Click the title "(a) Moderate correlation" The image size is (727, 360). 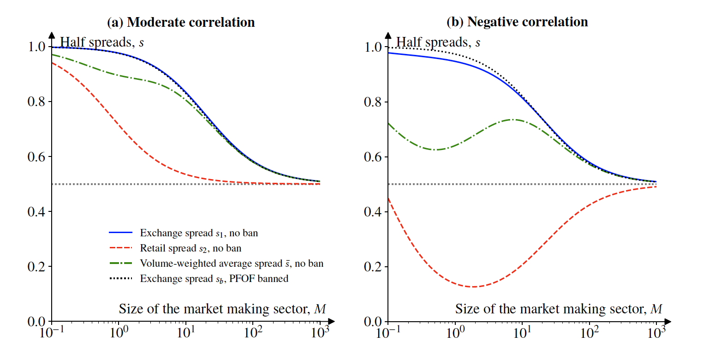181,22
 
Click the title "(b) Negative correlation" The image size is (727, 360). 517,22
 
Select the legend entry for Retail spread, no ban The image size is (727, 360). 191,248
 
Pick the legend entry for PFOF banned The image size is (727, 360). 214,279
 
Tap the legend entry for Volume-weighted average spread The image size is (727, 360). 232,264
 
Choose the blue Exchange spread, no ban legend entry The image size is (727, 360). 199,233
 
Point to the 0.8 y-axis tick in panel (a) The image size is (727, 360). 36,102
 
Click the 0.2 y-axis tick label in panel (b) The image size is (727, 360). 373,267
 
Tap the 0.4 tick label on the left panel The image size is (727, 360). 36,212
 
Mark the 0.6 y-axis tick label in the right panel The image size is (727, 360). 373,157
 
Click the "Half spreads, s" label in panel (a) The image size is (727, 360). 102,42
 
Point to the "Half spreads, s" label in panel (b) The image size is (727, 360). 438,42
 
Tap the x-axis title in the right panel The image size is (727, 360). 559,309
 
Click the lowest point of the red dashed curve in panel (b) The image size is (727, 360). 473,287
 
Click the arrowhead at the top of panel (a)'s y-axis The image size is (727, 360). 52,35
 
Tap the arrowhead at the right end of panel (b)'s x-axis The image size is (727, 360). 668,321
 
